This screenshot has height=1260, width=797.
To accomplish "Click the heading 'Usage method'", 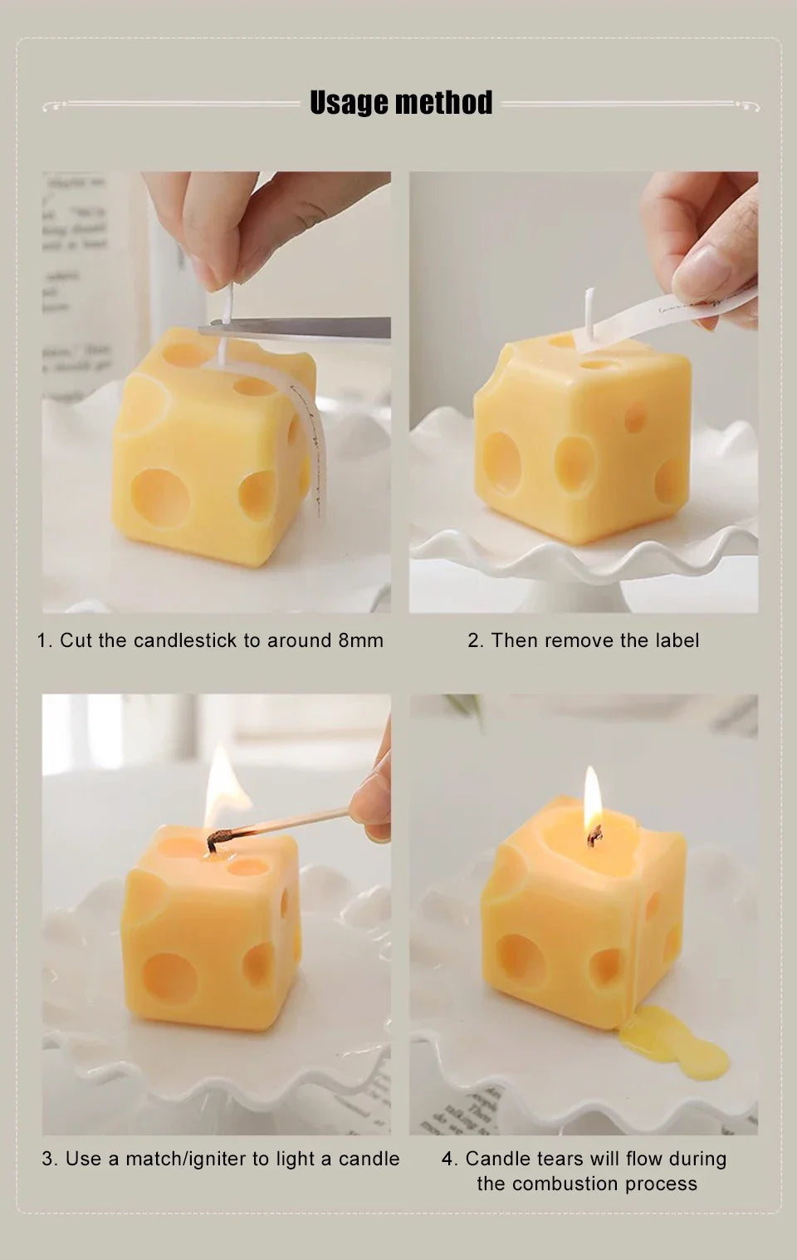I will click(x=401, y=103).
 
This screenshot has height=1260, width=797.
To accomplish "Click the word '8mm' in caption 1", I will click(x=360, y=640).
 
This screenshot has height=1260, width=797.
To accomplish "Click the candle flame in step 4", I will click(x=592, y=799).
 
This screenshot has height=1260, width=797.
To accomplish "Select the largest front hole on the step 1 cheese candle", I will click(x=160, y=497).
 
